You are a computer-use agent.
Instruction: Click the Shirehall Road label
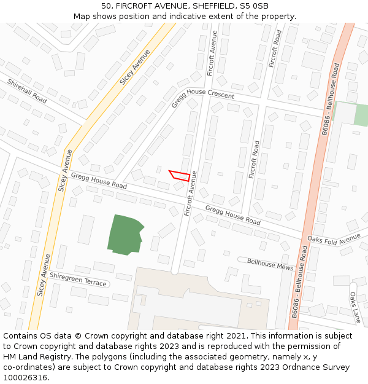pyautogui.click(x=27, y=91)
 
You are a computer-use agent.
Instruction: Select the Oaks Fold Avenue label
pyautogui.click(x=334, y=238)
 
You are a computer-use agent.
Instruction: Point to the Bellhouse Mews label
pyautogui.click(x=270, y=264)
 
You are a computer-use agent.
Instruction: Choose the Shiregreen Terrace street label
pyautogui.click(x=78, y=279)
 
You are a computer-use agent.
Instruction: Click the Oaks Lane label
pyautogui.click(x=355, y=307)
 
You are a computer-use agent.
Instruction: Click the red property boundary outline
pyautogui.click(x=179, y=175)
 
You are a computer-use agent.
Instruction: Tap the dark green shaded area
pyautogui.click(x=125, y=235)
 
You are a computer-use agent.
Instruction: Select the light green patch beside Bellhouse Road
pyautogui.click(x=361, y=115)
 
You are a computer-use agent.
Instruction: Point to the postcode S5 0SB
pyautogui.click(x=255, y=6)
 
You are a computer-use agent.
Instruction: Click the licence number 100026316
pyautogui.click(x=25, y=378)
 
